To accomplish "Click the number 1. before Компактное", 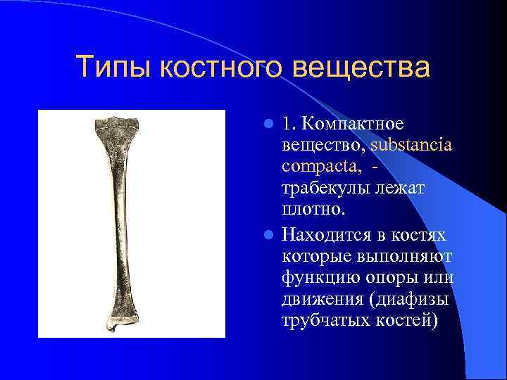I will (288, 125).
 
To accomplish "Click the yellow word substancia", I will (411, 146).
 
